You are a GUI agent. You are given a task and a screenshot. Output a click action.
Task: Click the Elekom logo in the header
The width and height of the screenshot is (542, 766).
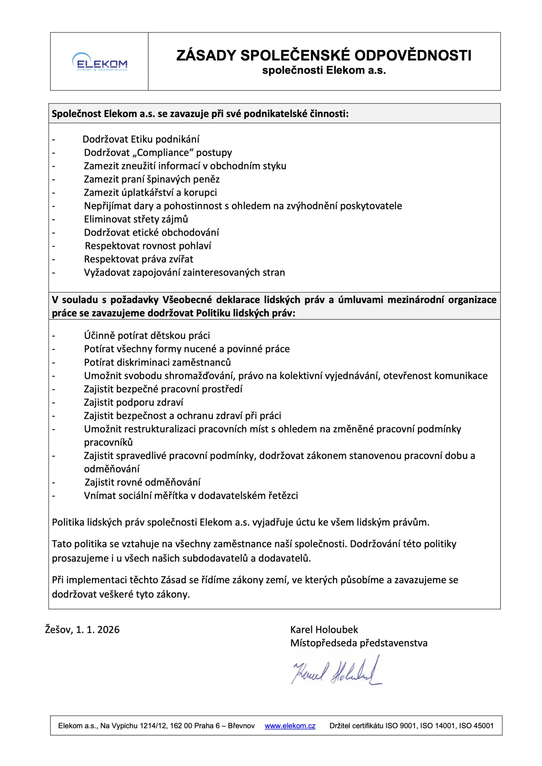[99, 62]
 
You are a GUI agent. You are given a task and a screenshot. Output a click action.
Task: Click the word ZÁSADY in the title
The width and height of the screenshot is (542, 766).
[206, 55]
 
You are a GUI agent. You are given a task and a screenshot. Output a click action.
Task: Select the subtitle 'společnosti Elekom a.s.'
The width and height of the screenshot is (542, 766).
[324, 70]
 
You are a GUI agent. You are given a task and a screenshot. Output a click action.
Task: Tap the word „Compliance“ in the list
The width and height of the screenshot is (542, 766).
[165, 153]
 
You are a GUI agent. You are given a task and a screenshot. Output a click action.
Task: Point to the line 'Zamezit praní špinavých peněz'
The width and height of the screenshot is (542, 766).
[151, 180]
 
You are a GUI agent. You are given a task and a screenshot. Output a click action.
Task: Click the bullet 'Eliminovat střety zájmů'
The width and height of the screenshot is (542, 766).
[136, 219]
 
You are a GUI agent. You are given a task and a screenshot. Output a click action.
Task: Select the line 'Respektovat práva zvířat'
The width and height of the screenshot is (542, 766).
[139, 259]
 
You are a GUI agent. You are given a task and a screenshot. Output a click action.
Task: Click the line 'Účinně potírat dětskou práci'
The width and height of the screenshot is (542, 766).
[147, 336]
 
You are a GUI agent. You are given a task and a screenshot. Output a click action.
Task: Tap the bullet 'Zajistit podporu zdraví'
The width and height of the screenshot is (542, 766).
[133, 402]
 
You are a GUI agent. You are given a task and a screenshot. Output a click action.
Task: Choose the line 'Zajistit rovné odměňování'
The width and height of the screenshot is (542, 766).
[143, 482]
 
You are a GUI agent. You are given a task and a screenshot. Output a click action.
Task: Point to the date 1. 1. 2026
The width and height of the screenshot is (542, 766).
[97, 630]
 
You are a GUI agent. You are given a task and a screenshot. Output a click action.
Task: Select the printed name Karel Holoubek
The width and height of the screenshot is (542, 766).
[324, 630]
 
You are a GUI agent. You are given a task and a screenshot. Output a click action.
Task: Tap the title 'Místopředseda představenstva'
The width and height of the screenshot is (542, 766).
[358, 643]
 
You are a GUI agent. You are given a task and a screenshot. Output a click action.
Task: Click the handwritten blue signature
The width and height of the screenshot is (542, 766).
[337, 671]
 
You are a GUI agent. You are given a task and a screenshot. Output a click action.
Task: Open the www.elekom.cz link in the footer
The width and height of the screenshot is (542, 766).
[290, 726]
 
